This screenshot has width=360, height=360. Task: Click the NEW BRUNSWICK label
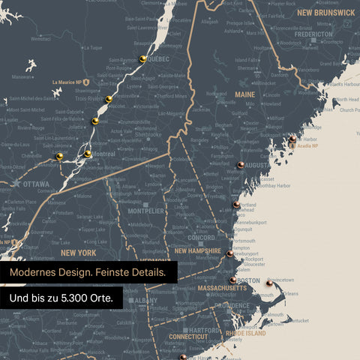coord(325,13)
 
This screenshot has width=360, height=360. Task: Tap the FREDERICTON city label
coord(313,34)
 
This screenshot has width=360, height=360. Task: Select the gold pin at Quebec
coord(142,59)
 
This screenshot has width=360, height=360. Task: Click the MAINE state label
coord(244,94)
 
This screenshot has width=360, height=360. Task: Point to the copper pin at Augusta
coord(240,165)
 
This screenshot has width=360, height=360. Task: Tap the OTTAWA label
coord(36,184)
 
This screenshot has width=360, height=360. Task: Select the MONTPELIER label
coord(146,211)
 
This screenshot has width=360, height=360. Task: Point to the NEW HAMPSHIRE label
coord(197,251)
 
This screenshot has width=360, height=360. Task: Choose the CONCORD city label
coord(201,238)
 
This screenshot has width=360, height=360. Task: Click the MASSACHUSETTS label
coord(222,288)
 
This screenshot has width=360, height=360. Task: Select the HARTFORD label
coord(205,330)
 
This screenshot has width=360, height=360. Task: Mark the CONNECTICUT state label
coord(187,337)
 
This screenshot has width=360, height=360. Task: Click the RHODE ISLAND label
coord(245,333)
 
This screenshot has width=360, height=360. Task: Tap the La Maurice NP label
coord(67,82)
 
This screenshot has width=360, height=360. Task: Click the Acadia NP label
coord(309,147)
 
